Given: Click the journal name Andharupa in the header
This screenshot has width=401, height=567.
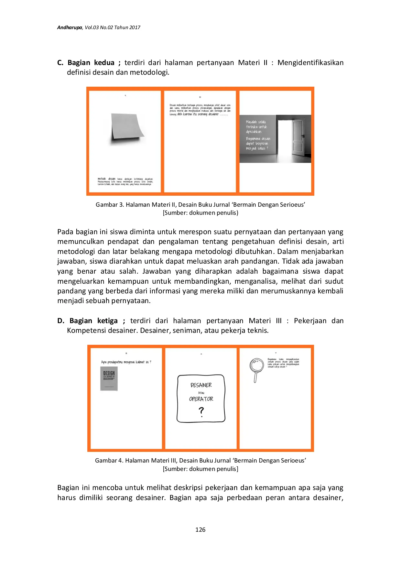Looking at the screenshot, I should coord(70,27).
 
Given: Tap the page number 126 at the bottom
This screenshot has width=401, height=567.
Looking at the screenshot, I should coord(200,529).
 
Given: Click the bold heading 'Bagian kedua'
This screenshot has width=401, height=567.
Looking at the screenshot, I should coord(91,62).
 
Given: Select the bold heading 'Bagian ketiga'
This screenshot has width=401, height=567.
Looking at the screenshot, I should coord(93,321).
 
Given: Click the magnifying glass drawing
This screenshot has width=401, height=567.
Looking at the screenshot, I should coord(256,369).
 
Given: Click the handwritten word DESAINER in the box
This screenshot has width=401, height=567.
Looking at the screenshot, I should coord(201,385).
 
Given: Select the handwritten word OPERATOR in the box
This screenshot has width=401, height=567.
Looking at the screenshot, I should coord(201,399).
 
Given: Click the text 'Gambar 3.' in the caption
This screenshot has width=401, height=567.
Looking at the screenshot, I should coord(110,205).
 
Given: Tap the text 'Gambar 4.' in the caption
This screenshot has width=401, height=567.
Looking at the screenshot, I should coord(109,460).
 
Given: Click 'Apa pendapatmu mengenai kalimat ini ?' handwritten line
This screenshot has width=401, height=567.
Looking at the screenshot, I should coord(126,362).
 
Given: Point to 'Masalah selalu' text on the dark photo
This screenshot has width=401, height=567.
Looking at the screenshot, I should coord(255,122).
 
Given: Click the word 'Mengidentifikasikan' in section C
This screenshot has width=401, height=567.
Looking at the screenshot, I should coord(310,62).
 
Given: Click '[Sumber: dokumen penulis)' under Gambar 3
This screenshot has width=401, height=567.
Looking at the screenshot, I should coord(200,213).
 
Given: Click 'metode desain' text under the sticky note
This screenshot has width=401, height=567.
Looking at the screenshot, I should coord(106,179).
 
